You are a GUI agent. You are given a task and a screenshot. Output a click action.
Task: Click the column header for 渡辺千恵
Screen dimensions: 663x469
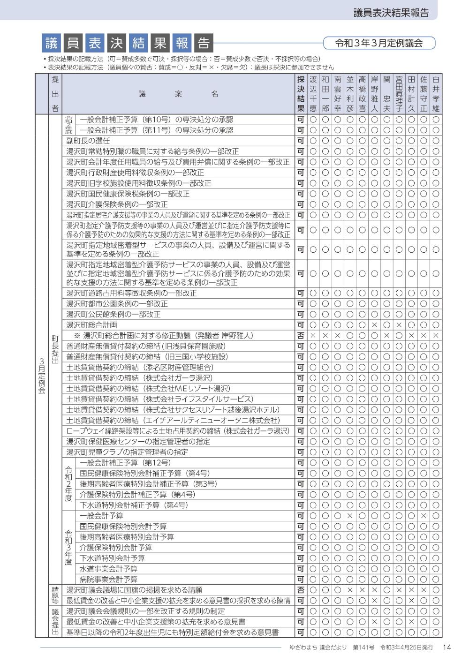tap(313, 94)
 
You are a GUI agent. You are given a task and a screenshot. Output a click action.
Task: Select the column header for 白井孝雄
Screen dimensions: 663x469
tap(436, 94)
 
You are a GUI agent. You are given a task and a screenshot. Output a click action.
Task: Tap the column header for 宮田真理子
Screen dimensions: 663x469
tap(399, 94)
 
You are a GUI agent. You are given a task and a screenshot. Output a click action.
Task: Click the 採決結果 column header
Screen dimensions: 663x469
tap(301, 94)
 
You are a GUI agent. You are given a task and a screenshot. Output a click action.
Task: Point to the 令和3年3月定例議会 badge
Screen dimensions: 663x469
tap(379, 43)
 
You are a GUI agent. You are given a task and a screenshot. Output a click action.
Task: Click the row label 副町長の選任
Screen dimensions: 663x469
tap(88, 141)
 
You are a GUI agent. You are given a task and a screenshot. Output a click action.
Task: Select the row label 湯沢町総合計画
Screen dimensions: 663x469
tap(91, 325)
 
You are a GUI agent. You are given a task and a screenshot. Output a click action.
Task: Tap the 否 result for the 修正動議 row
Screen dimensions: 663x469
tap(301, 336)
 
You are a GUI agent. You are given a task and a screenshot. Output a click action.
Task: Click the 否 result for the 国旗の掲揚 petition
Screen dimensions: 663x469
tap(301, 590)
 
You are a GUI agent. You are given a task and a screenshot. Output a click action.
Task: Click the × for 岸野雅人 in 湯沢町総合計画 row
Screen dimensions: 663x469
tap(374, 325)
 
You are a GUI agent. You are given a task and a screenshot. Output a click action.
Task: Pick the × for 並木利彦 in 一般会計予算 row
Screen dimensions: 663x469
tap(350, 516)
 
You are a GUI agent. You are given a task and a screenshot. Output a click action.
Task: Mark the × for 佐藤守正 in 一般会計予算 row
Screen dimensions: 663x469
tap(424, 516)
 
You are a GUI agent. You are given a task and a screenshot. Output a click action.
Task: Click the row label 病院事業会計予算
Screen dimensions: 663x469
tap(108, 580)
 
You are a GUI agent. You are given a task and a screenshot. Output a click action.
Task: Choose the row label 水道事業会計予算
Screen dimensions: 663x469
tap(108, 569)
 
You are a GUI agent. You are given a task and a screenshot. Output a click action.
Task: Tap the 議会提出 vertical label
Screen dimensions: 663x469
tap(55, 622)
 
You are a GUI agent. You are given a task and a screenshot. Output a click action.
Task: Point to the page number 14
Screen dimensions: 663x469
tap(446, 648)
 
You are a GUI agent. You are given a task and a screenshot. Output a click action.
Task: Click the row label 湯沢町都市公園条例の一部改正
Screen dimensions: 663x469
tap(117, 304)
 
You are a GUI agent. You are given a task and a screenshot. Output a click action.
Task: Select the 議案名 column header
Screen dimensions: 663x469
tap(178, 94)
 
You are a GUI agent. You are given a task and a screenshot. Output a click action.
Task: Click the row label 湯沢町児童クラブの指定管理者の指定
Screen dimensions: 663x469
tap(127, 452)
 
